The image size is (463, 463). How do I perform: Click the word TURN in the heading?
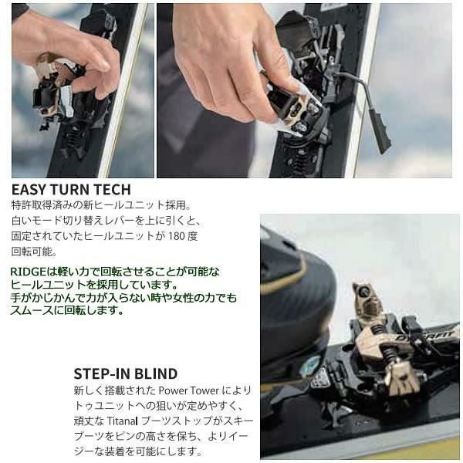70,189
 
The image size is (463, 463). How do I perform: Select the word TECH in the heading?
111,189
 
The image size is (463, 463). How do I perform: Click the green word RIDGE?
27,272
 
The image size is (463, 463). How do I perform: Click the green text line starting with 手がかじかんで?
123,297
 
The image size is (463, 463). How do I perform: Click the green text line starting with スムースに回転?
67,310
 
